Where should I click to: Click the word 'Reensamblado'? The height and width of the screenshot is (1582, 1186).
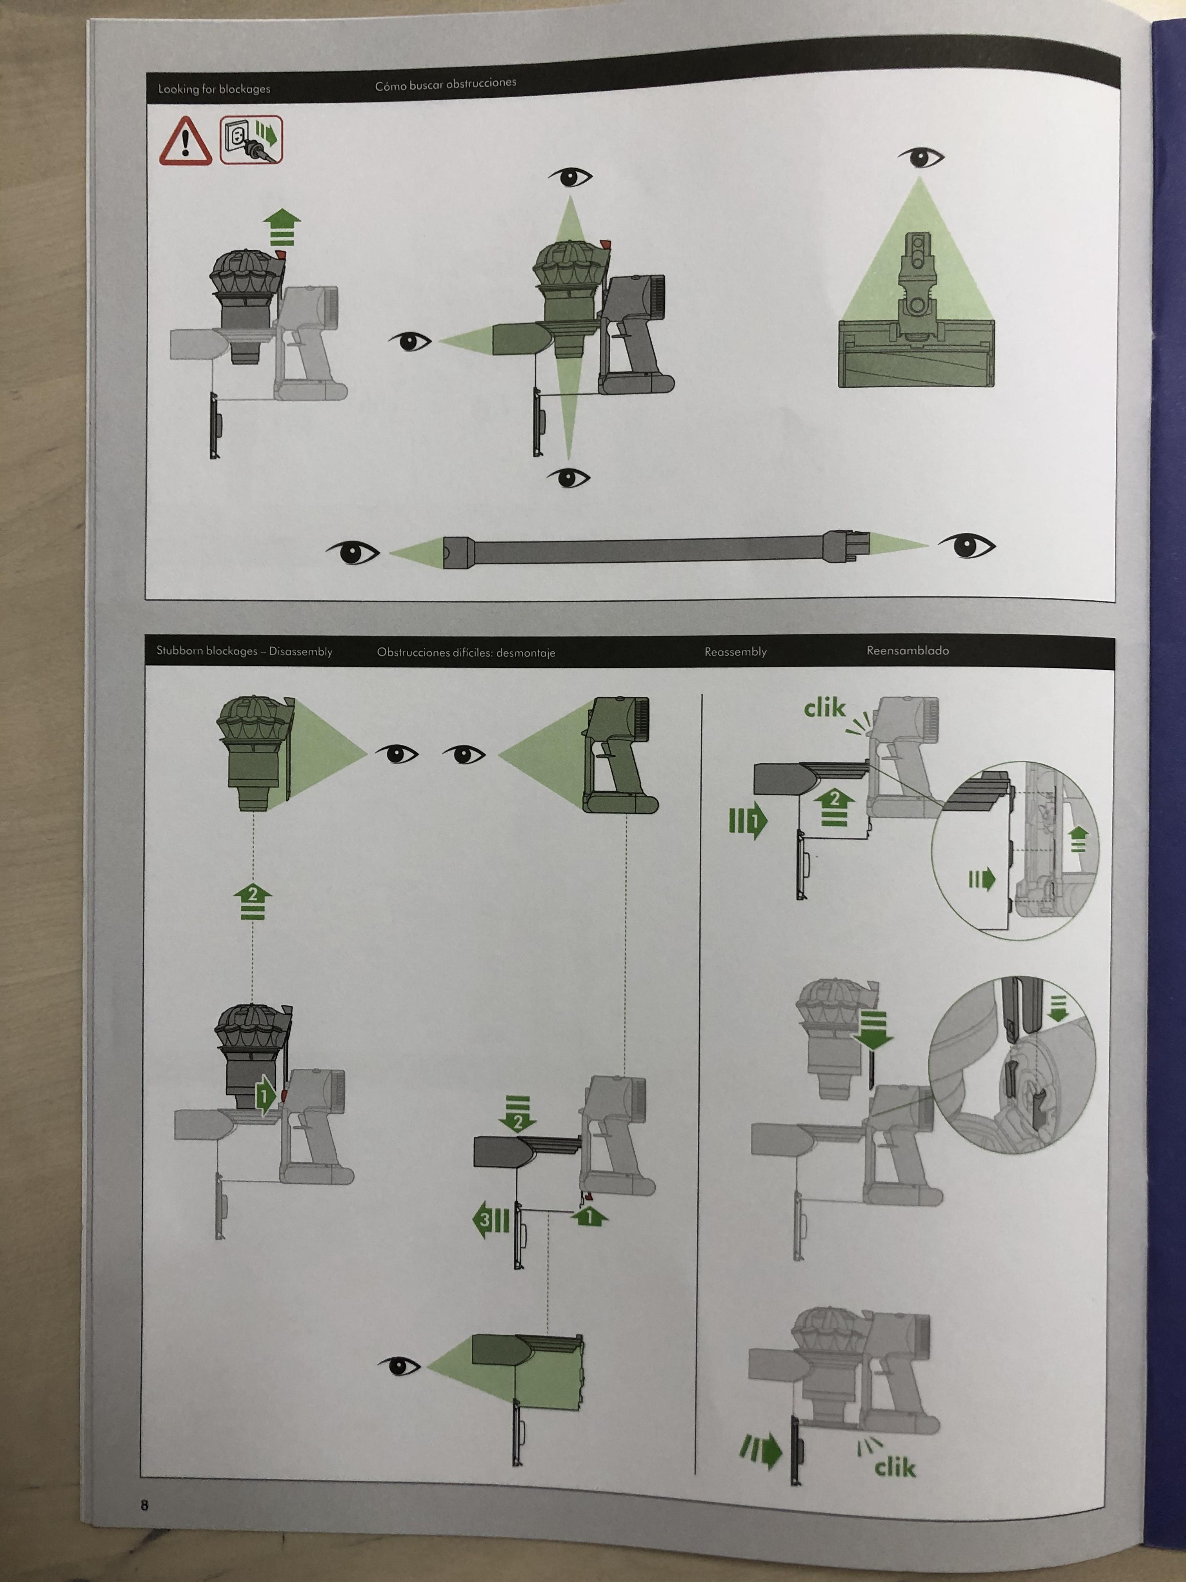(x=908, y=650)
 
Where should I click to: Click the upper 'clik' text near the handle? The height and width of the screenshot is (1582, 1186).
(x=824, y=709)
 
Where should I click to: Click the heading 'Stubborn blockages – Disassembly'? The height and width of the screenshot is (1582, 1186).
(x=244, y=652)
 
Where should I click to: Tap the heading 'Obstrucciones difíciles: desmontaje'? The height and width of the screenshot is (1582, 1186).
(x=466, y=652)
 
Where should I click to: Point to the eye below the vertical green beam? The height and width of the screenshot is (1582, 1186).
(x=569, y=477)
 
